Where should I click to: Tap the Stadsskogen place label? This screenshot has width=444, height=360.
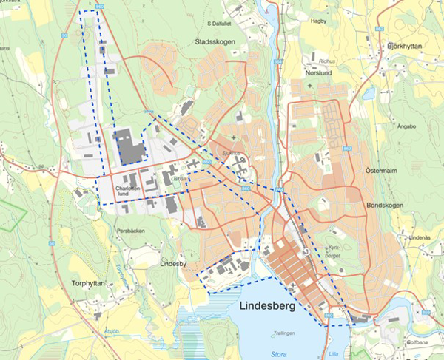pos(215,42)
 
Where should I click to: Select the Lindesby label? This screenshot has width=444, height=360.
pos(175,262)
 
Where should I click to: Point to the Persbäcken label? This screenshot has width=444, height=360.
pos(131,230)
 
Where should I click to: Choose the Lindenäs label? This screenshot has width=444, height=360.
pos(419,237)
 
